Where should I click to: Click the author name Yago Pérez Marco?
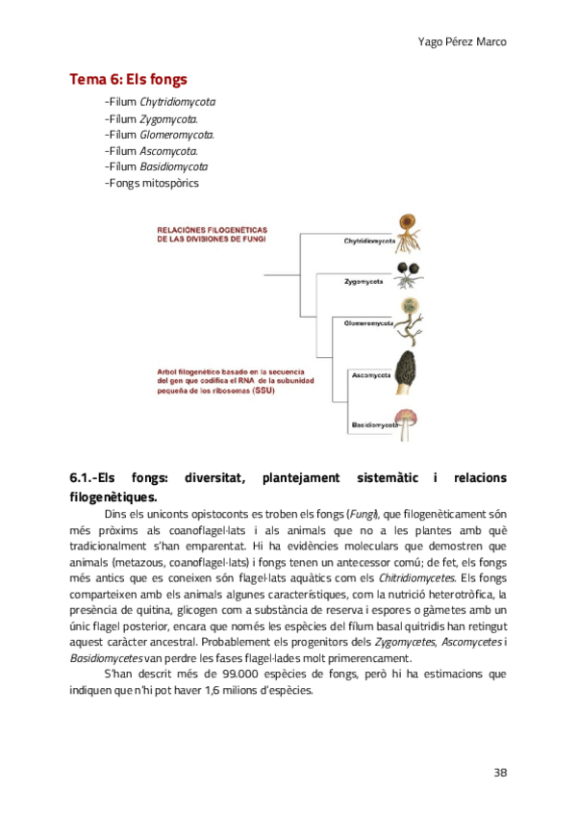(464, 42)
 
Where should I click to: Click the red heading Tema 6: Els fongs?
(128, 79)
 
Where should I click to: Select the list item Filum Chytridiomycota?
(160, 101)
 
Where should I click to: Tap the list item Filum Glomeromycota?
(160, 134)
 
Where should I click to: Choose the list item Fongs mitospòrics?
(151, 183)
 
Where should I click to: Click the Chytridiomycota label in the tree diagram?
(370, 242)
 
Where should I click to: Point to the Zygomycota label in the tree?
(364, 281)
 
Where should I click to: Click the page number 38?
(500, 773)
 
